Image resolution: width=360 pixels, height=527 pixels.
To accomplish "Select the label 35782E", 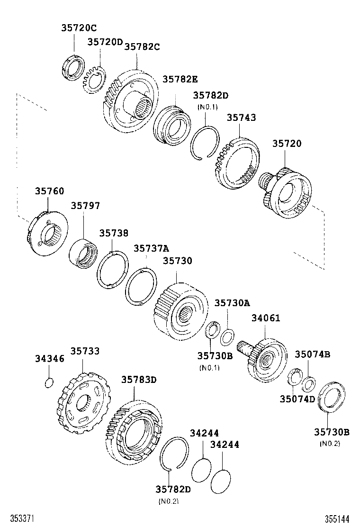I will click(x=180, y=80).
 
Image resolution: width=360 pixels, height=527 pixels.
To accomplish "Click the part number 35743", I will click(x=241, y=118).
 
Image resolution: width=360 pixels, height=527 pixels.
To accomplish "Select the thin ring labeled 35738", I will click(x=112, y=269).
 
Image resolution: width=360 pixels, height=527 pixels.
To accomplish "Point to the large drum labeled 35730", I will click(x=180, y=312).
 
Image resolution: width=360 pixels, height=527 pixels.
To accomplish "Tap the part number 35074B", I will click(x=313, y=354).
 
